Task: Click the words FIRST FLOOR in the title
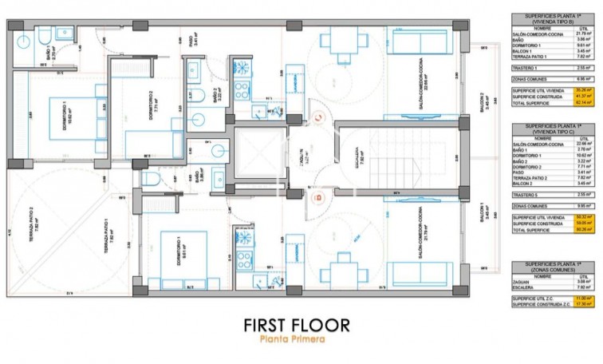[x=296, y=325]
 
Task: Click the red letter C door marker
[x=317, y=118]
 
